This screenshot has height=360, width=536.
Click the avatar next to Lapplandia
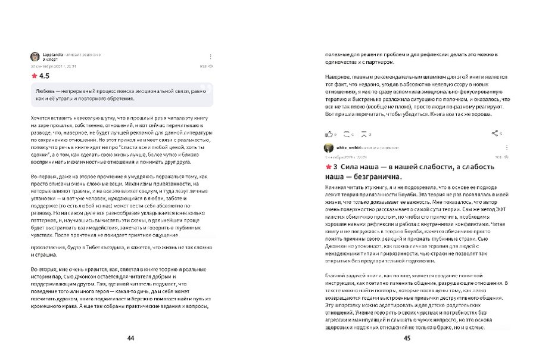pyautogui.click(x=35, y=57)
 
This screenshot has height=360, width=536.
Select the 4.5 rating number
pyautogui.click(x=44, y=76)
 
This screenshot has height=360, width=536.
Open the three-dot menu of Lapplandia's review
pyautogui.click(x=210, y=57)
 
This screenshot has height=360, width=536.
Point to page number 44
pyautogui.click(x=130, y=338)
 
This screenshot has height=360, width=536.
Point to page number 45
pyautogui.click(x=407, y=338)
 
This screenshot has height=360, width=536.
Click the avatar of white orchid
pyautogui.click(x=328, y=148)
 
